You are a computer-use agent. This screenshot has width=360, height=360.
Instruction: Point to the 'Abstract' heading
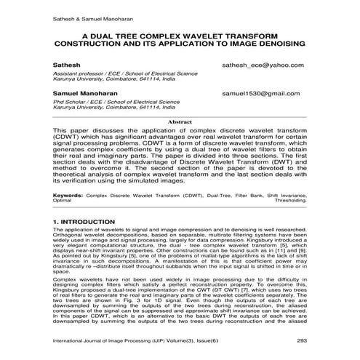(180, 121)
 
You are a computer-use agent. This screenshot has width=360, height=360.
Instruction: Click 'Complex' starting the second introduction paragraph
(66, 279)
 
